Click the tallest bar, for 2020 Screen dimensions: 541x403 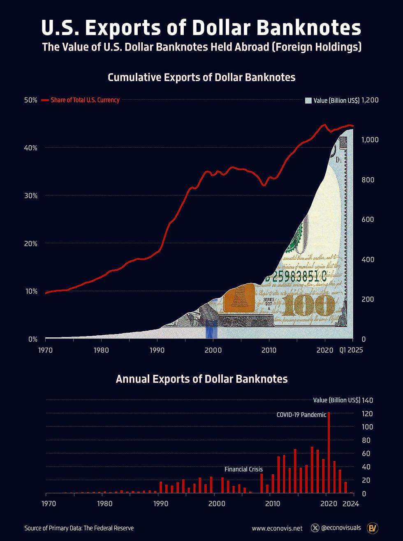pos(329,453)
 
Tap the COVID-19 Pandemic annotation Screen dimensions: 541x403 pos(301,415)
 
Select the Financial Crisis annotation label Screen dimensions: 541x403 pos(243,469)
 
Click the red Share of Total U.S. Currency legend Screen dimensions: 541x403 pos(85,100)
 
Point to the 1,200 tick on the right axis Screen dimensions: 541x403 pos(369,100)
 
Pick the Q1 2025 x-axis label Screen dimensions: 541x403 pos(351,350)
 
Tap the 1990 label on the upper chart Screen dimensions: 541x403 pos(157,350)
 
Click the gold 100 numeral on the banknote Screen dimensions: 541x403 pos(308,305)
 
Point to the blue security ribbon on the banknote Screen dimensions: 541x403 pos(211,329)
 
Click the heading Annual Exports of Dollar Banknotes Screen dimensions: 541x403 pos(201,379)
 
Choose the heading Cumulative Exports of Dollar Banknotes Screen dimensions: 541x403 pos(201,77)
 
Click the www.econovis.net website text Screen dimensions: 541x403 pos(277,528)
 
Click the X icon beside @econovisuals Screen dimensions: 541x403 pos(315,528)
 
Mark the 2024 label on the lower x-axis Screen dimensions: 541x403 pos(351,504)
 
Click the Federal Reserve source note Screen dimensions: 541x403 pos(79,528)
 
